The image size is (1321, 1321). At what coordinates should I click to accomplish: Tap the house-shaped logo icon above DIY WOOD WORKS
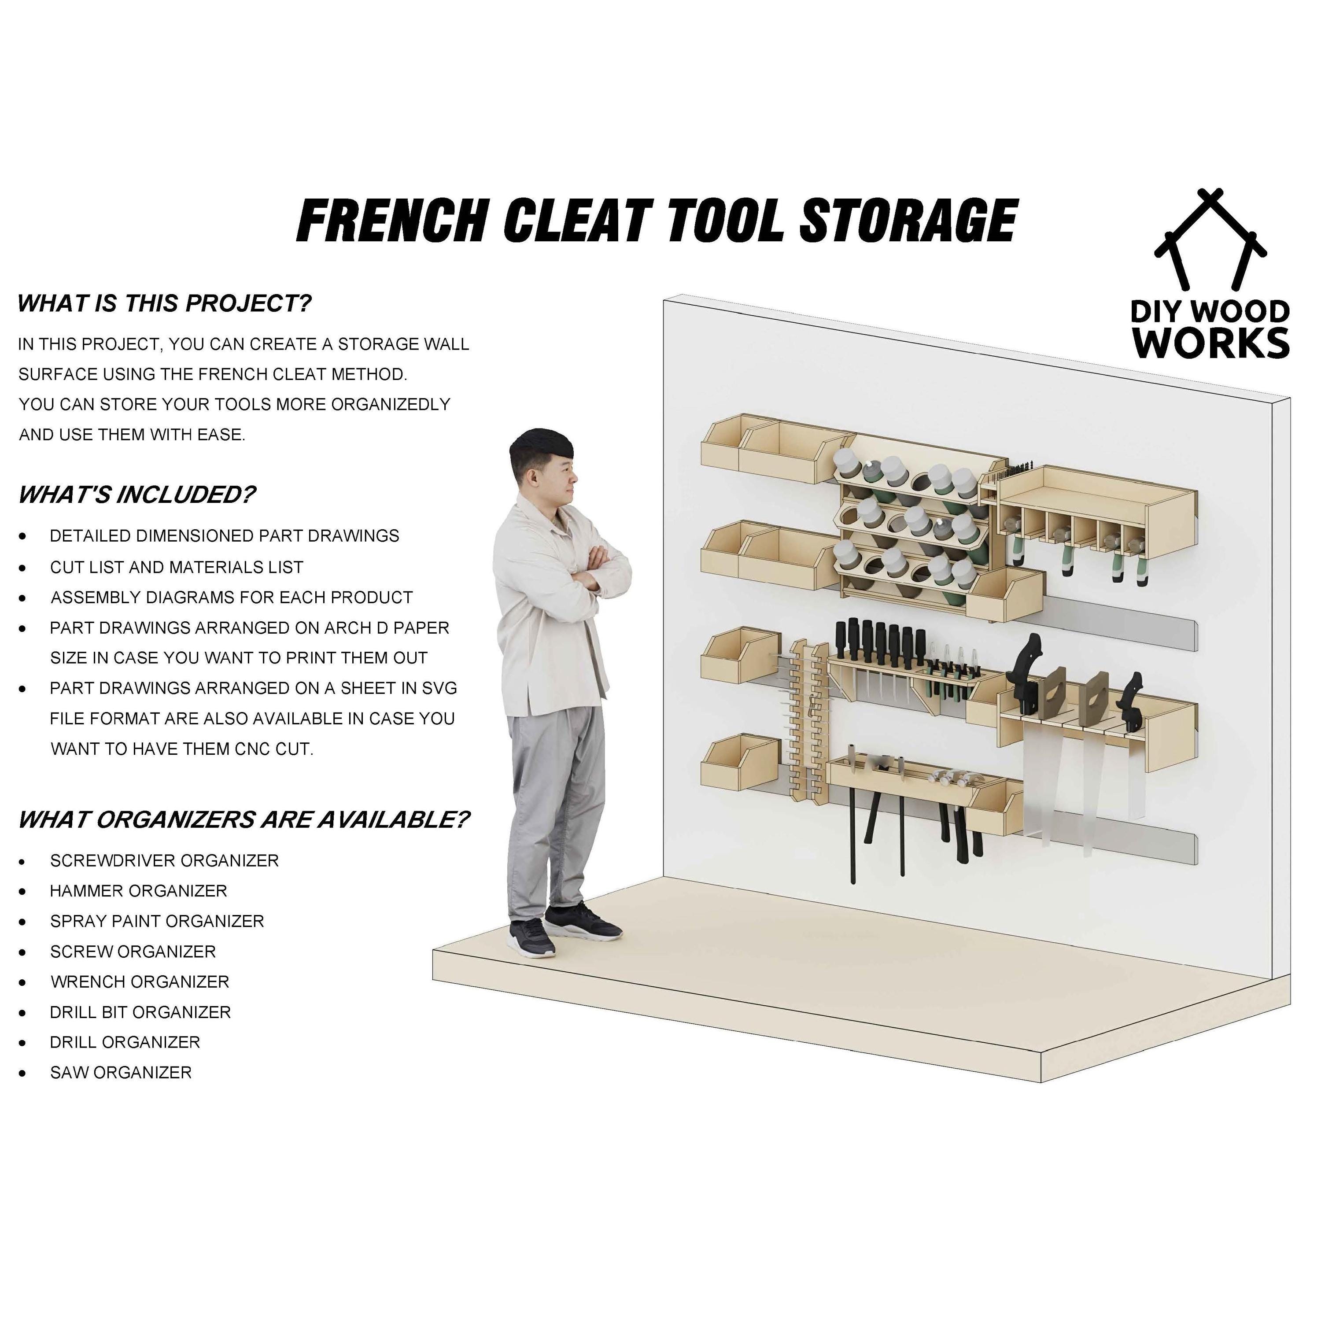click(x=1210, y=239)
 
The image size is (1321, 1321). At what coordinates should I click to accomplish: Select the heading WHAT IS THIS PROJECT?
click(x=164, y=303)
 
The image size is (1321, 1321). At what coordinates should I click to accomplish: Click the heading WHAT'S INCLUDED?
click(x=137, y=494)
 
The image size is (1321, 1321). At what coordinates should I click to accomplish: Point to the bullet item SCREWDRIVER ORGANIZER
click(x=164, y=861)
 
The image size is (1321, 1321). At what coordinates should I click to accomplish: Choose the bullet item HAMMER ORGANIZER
click(x=138, y=891)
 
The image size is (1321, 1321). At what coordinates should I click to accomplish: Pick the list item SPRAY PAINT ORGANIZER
click(x=157, y=921)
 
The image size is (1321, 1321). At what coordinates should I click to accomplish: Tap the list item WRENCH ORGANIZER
click(x=140, y=982)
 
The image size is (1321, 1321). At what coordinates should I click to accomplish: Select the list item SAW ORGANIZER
click(x=120, y=1073)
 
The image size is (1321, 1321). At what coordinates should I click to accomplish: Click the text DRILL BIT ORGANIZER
click(x=140, y=1012)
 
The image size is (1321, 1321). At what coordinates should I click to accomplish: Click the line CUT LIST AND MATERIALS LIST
click(x=177, y=568)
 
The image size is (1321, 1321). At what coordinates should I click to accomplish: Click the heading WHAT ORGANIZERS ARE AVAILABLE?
click(x=244, y=820)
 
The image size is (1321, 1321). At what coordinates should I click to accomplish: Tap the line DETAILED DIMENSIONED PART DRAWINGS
click(x=224, y=536)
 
